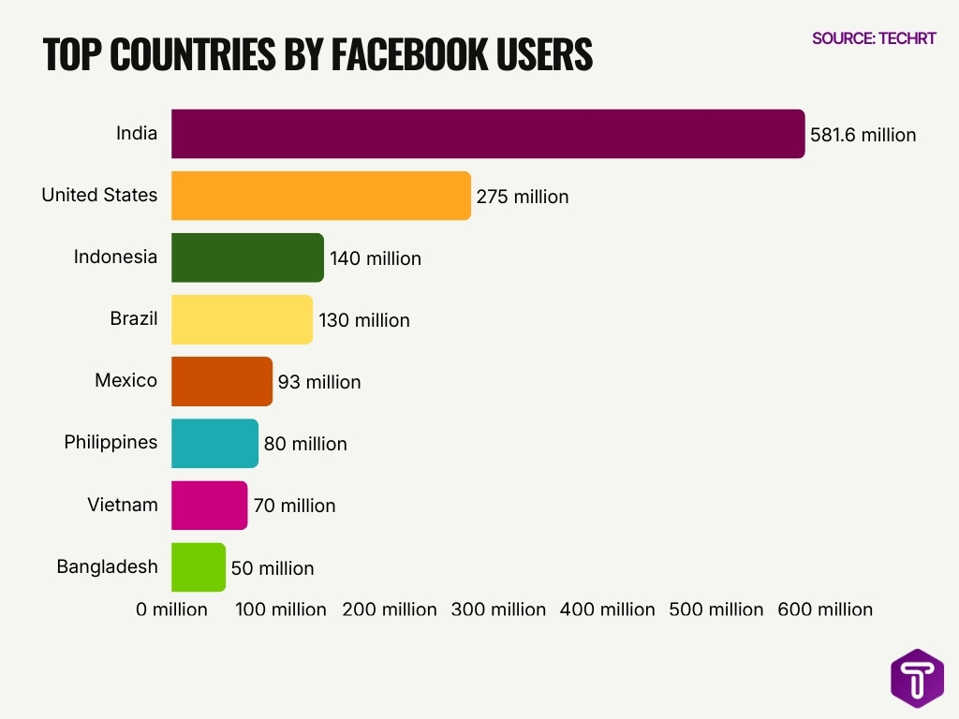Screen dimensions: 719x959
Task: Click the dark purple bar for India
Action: coord(487,134)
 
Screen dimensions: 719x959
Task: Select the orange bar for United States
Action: coord(320,196)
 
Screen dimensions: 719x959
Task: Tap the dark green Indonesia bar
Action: coord(247,257)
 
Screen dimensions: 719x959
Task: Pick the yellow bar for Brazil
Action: coord(242,319)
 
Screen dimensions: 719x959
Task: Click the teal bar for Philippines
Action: coord(214,443)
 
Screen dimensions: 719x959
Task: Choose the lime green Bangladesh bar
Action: coord(198,567)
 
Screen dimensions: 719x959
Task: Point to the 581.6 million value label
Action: coord(863,135)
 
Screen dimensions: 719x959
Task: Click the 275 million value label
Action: coord(523,197)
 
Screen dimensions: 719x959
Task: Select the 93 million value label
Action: coord(319,382)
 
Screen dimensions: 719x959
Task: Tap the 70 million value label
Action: coord(294,506)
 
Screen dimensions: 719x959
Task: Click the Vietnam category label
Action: coord(123,505)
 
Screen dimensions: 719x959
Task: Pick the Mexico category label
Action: coord(125,381)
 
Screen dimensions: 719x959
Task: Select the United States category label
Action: coord(99,195)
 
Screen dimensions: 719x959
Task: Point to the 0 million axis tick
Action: coord(171,609)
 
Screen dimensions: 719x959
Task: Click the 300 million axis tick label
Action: coord(498,609)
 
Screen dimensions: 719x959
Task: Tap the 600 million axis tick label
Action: coord(825,609)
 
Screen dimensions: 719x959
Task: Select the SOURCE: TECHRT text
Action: coord(873,38)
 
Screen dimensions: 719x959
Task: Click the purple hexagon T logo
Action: coord(917,678)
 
